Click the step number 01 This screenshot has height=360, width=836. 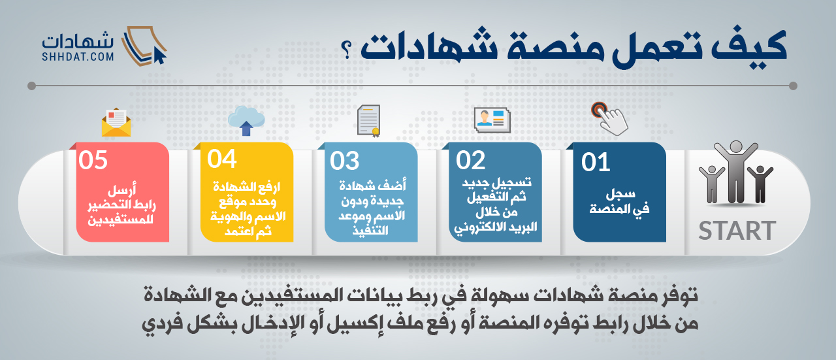tap(596, 163)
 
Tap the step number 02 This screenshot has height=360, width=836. tap(470, 161)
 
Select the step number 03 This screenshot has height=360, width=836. tap(344, 161)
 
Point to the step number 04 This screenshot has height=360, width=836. tap(221, 159)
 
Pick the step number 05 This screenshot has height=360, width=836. tap(93, 160)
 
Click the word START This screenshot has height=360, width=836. tap(737, 231)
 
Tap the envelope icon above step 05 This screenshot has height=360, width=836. tap(116, 122)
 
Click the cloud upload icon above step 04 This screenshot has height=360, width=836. tap(246, 120)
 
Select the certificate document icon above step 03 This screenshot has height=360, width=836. tap(369, 121)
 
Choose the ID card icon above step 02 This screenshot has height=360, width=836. tap(492, 120)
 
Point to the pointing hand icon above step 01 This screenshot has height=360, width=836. tap(610, 119)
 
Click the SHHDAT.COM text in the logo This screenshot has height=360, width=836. tap(78, 57)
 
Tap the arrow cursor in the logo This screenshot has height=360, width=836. tap(160, 56)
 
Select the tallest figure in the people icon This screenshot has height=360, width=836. tap(736, 172)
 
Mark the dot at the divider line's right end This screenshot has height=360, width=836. tap(793, 86)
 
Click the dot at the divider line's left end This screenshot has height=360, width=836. tap(32, 86)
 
